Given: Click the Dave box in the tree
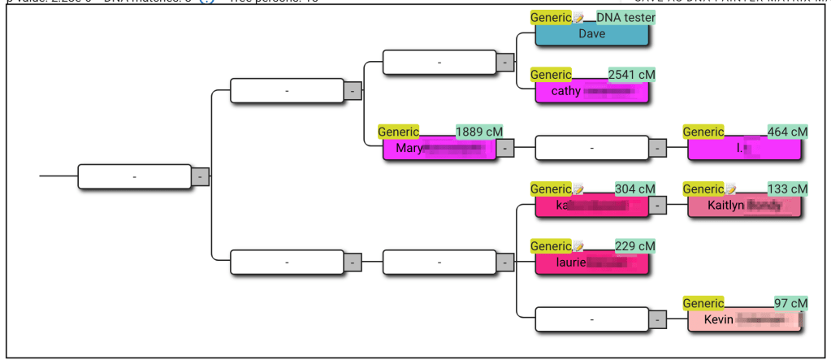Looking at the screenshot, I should [591, 34].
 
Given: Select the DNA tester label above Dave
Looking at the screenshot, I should [625, 17].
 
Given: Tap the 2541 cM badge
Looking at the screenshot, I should [631, 75].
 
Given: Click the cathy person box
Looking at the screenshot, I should [591, 91].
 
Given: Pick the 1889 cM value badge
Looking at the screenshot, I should [478, 132].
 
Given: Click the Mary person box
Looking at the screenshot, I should [439, 148].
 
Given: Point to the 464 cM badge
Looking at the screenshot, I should [787, 132].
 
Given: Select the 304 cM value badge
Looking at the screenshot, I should [634, 189].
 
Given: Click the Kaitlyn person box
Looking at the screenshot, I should [743, 206].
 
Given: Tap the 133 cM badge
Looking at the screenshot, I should [787, 189].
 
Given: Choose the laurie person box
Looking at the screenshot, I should [591, 263].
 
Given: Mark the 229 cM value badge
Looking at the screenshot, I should [634, 246].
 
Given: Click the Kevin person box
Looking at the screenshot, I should [743, 320].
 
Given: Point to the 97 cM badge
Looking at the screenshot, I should [790, 303].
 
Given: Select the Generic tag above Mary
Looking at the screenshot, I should [398, 132].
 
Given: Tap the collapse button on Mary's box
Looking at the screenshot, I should [505, 149].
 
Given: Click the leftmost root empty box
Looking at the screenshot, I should [134, 176].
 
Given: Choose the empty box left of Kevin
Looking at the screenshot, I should [591, 320].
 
